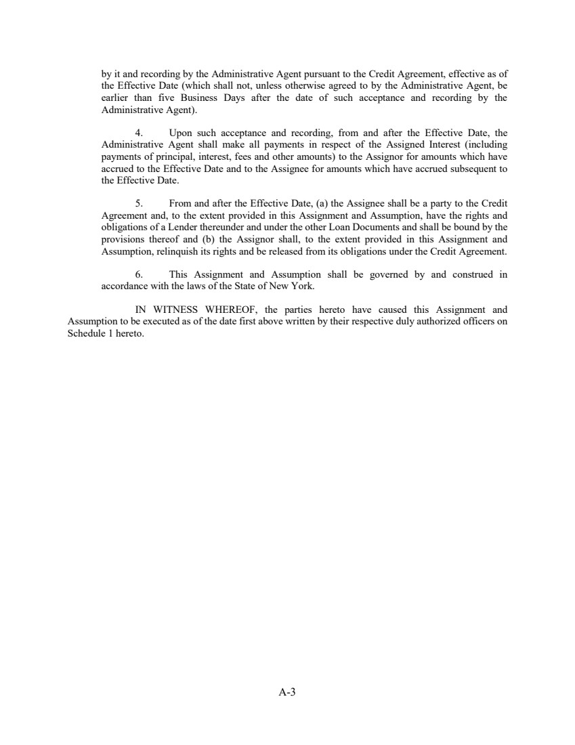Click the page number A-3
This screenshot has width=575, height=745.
pyautogui.click(x=287, y=692)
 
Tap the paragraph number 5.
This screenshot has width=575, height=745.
pyautogui.click(x=139, y=203)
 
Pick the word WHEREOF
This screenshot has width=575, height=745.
pyautogui.click(x=228, y=311)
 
